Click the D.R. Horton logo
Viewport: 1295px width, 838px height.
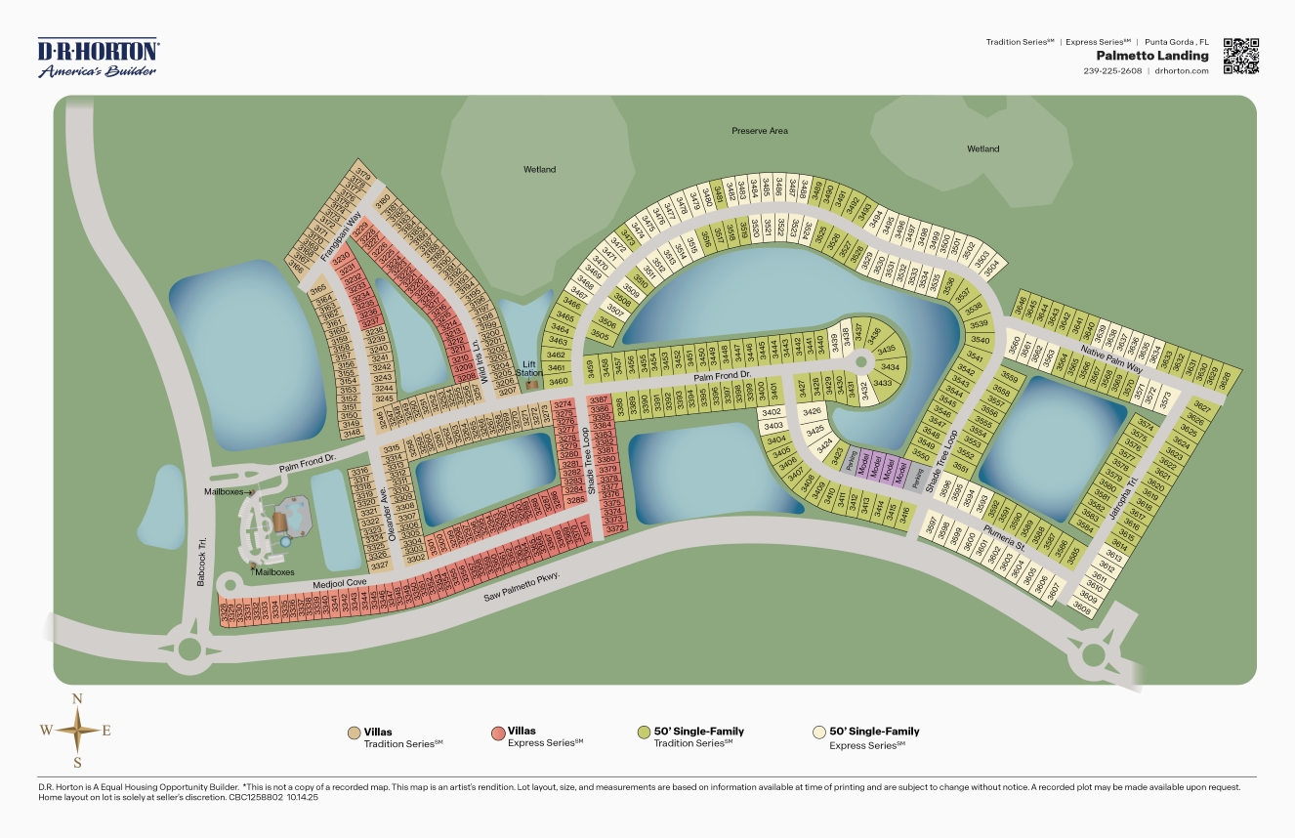98,58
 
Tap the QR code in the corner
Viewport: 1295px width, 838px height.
1240,56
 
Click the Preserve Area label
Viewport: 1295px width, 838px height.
759,131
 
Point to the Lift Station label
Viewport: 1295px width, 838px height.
529,367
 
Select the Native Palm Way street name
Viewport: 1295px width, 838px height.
1110,354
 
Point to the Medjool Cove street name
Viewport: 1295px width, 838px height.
340,583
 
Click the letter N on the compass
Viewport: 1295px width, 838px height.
77,698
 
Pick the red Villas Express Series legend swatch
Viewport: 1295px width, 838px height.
498,733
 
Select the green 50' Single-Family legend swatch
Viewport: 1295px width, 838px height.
644,733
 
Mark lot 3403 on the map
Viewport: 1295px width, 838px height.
773,426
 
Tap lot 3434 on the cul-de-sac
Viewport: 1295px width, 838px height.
889,366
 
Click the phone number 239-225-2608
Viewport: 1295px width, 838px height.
1112,70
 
